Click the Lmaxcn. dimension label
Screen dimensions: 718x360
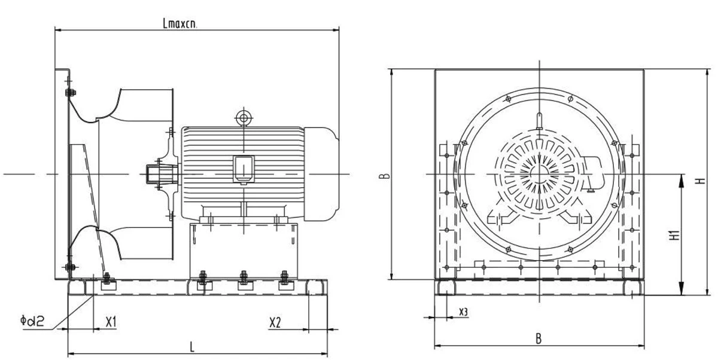pyautogui.click(x=180, y=23)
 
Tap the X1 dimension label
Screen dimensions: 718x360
pyautogui.click(x=111, y=322)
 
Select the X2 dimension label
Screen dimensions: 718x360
pyautogui.click(x=275, y=322)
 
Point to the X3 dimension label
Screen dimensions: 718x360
pyautogui.click(x=464, y=312)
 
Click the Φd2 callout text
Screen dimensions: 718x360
pyautogui.click(x=32, y=321)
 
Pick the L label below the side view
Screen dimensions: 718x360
pyautogui.click(x=192, y=347)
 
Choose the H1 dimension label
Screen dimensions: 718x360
pyautogui.click(x=675, y=235)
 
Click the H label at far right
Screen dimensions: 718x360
pyautogui.click(x=701, y=181)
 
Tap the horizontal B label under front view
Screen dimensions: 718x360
pyautogui.click(x=539, y=338)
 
